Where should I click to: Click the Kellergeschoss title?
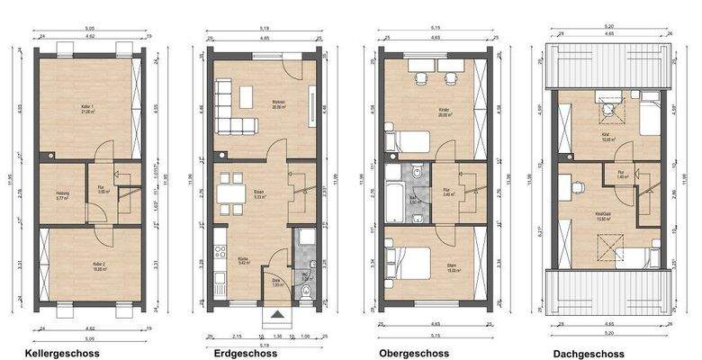[x=63, y=353]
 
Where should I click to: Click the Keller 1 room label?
[x=87, y=111]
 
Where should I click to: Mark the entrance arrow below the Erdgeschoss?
[x=280, y=319]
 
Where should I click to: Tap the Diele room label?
[x=278, y=283]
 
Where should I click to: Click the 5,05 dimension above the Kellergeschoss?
[x=89, y=29]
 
